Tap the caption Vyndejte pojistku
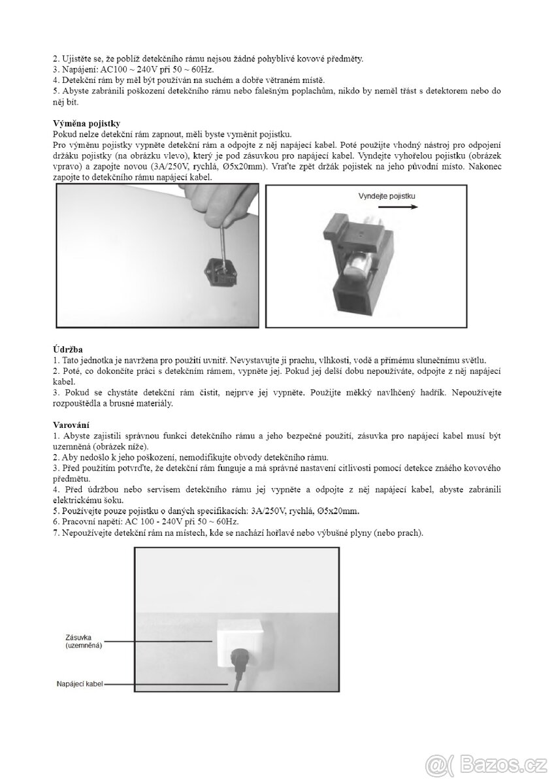(x=387, y=196)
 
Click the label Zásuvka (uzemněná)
(x=84, y=642)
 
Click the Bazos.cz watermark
(x=485, y=763)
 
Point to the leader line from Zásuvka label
(x=160, y=642)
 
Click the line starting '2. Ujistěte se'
(x=208, y=58)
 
